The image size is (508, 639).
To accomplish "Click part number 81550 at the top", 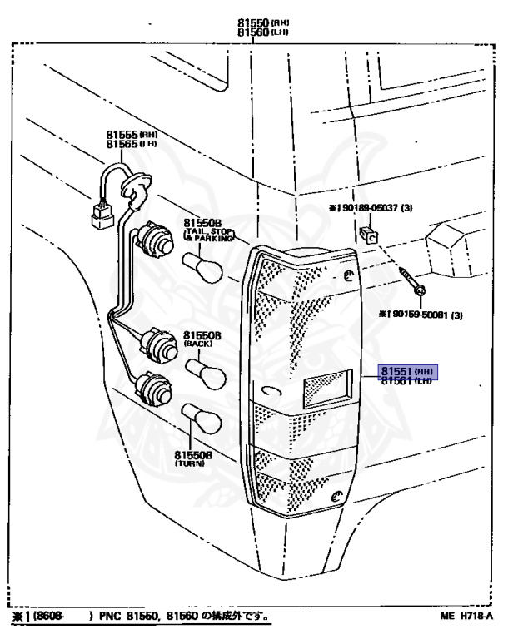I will (252, 23).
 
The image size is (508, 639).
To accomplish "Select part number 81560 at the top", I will (252, 32).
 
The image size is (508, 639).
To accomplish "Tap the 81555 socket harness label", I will (120, 134).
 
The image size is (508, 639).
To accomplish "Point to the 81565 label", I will (120, 144).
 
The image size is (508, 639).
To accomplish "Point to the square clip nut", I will (369, 233).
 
